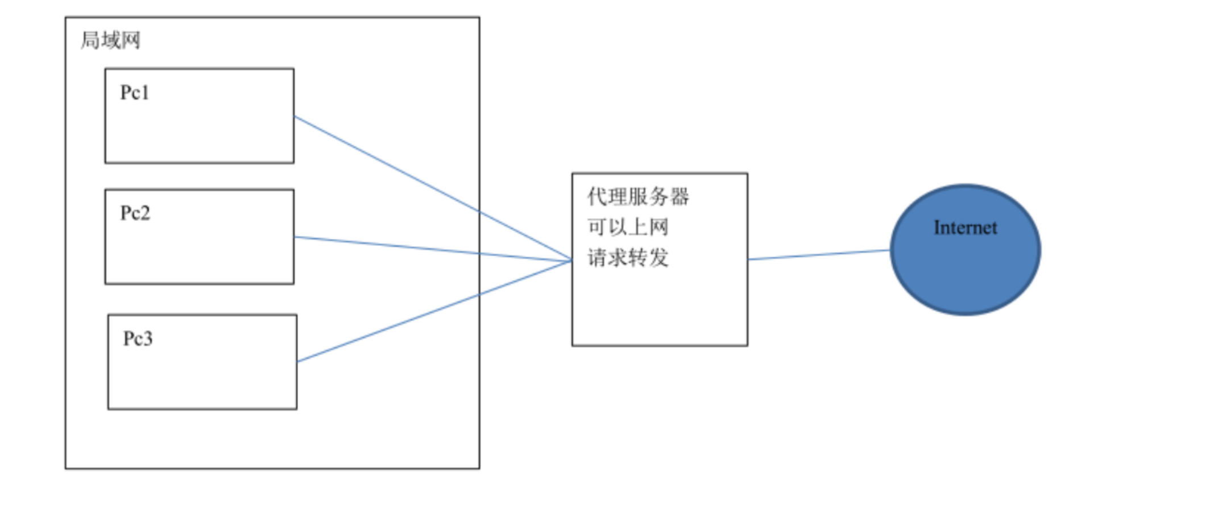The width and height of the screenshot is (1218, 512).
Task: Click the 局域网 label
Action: point(110,40)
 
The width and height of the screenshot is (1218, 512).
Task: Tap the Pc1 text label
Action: point(135,93)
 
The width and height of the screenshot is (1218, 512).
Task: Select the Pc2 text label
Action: point(135,213)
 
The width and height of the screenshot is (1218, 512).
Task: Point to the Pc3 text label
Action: point(138,339)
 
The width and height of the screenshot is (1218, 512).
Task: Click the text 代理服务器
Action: point(638,197)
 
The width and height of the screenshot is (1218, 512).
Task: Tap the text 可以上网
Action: point(628,227)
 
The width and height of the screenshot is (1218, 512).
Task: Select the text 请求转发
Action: point(628,258)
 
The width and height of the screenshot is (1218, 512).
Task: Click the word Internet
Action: point(965,228)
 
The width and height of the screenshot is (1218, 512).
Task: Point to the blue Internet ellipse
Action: point(965,273)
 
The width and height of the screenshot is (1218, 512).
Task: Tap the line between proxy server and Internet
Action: point(819,255)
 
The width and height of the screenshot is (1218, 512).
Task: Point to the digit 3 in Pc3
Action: point(147,339)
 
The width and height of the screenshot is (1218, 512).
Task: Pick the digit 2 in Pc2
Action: point(144,213)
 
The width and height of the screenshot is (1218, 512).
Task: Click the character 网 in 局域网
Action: point(131,40)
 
